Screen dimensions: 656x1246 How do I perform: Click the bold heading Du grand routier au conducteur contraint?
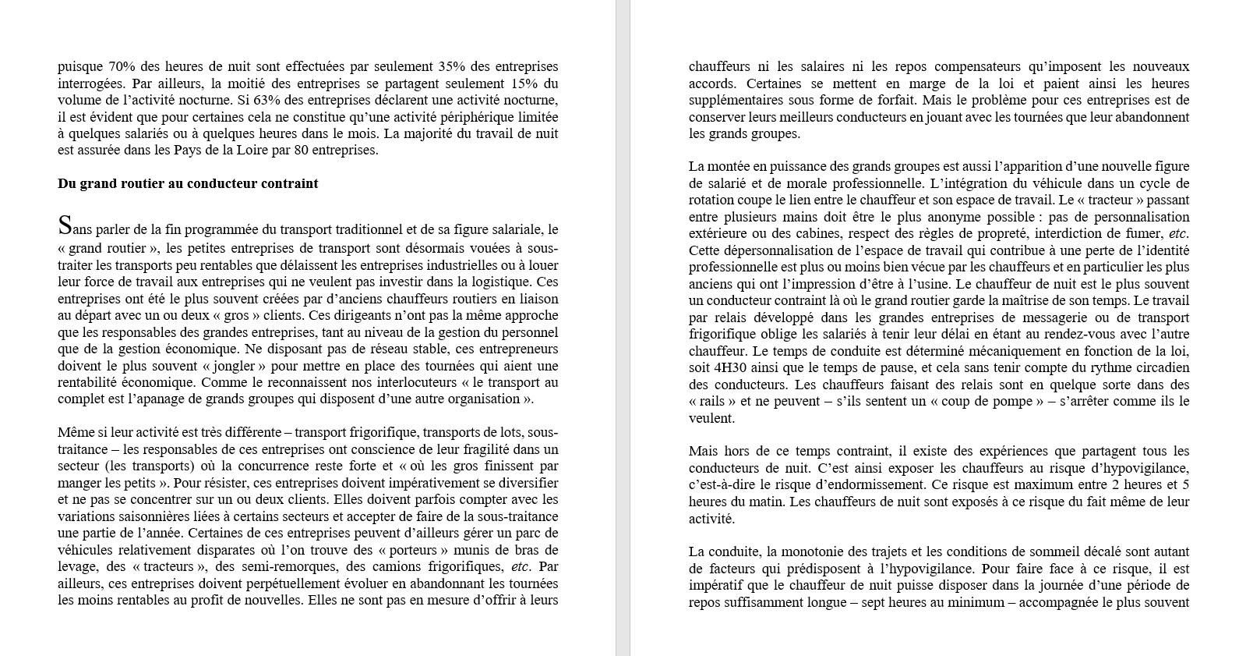point(188,184)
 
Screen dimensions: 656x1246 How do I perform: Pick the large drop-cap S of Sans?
point(65,226)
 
